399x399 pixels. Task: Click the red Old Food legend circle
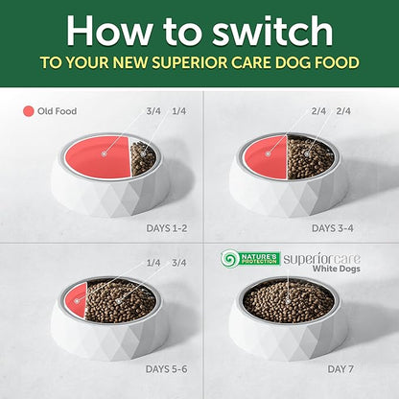tap(28, 111)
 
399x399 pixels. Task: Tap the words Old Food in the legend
tap(58, 111)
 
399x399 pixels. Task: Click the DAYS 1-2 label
tap(167, 228)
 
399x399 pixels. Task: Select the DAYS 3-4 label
tap(333, 228)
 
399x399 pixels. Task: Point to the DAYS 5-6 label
tap(166, 369)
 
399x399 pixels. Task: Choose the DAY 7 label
tap(340, 369)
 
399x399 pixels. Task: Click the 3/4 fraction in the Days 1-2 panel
tap(153, 111)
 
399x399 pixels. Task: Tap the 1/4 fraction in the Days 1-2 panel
tap(179, 111)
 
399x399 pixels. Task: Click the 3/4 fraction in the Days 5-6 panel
tap(179, 263)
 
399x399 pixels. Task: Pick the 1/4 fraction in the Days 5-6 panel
tap(153, 263)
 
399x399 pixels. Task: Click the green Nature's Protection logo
tap(250, 258)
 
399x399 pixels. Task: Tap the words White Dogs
tap(337, 269)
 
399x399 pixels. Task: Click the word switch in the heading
tap(272, 31)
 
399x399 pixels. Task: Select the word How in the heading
tap(109, 31)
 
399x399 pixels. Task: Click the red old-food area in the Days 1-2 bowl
tap(98, 156)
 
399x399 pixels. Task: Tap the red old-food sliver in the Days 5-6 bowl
tap(77, 300)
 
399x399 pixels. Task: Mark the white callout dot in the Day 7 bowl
tap(288, 301)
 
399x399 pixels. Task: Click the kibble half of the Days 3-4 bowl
tap(310, 157)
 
